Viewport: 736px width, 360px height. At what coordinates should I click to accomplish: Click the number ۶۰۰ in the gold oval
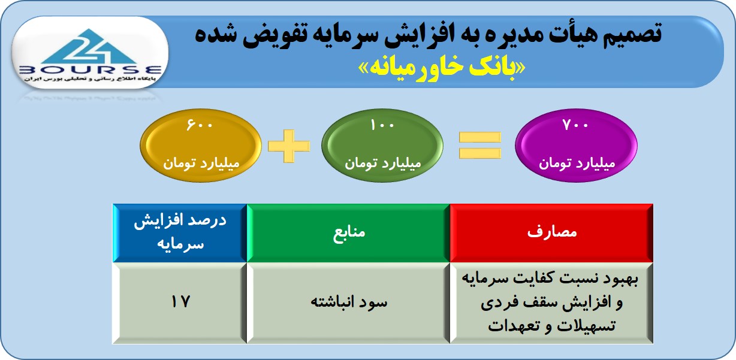click(200, 125)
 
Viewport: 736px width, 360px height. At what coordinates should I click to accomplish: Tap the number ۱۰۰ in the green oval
click(382, 125)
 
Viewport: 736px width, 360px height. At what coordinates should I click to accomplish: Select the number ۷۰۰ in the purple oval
click(575, 125)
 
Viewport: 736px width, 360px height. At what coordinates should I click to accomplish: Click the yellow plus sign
click(289, 146)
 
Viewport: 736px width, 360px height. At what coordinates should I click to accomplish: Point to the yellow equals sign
click(479, 145)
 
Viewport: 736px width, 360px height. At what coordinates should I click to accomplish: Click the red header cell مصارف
click(551, 233)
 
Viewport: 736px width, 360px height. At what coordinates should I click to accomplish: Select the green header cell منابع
click(348, 233)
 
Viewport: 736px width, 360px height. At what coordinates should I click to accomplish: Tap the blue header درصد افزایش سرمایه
click(180, 233)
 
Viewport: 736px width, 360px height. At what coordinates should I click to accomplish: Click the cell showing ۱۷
click(180, 303)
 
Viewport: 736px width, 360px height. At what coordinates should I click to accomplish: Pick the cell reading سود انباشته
click(348, 303)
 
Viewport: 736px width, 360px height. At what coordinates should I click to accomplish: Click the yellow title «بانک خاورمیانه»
click(441, 68)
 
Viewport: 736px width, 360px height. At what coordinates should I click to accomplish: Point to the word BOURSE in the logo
click(91, 70)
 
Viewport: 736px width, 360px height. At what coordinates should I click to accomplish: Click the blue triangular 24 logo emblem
click(89, 47)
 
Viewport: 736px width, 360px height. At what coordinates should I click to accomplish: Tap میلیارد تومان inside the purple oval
click(577, 164)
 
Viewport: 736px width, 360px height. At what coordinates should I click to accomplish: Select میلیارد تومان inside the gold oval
click(201, 164)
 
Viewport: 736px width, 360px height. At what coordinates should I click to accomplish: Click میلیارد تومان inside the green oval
click(383, 164)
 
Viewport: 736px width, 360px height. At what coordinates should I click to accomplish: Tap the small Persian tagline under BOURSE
click(90, 79)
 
